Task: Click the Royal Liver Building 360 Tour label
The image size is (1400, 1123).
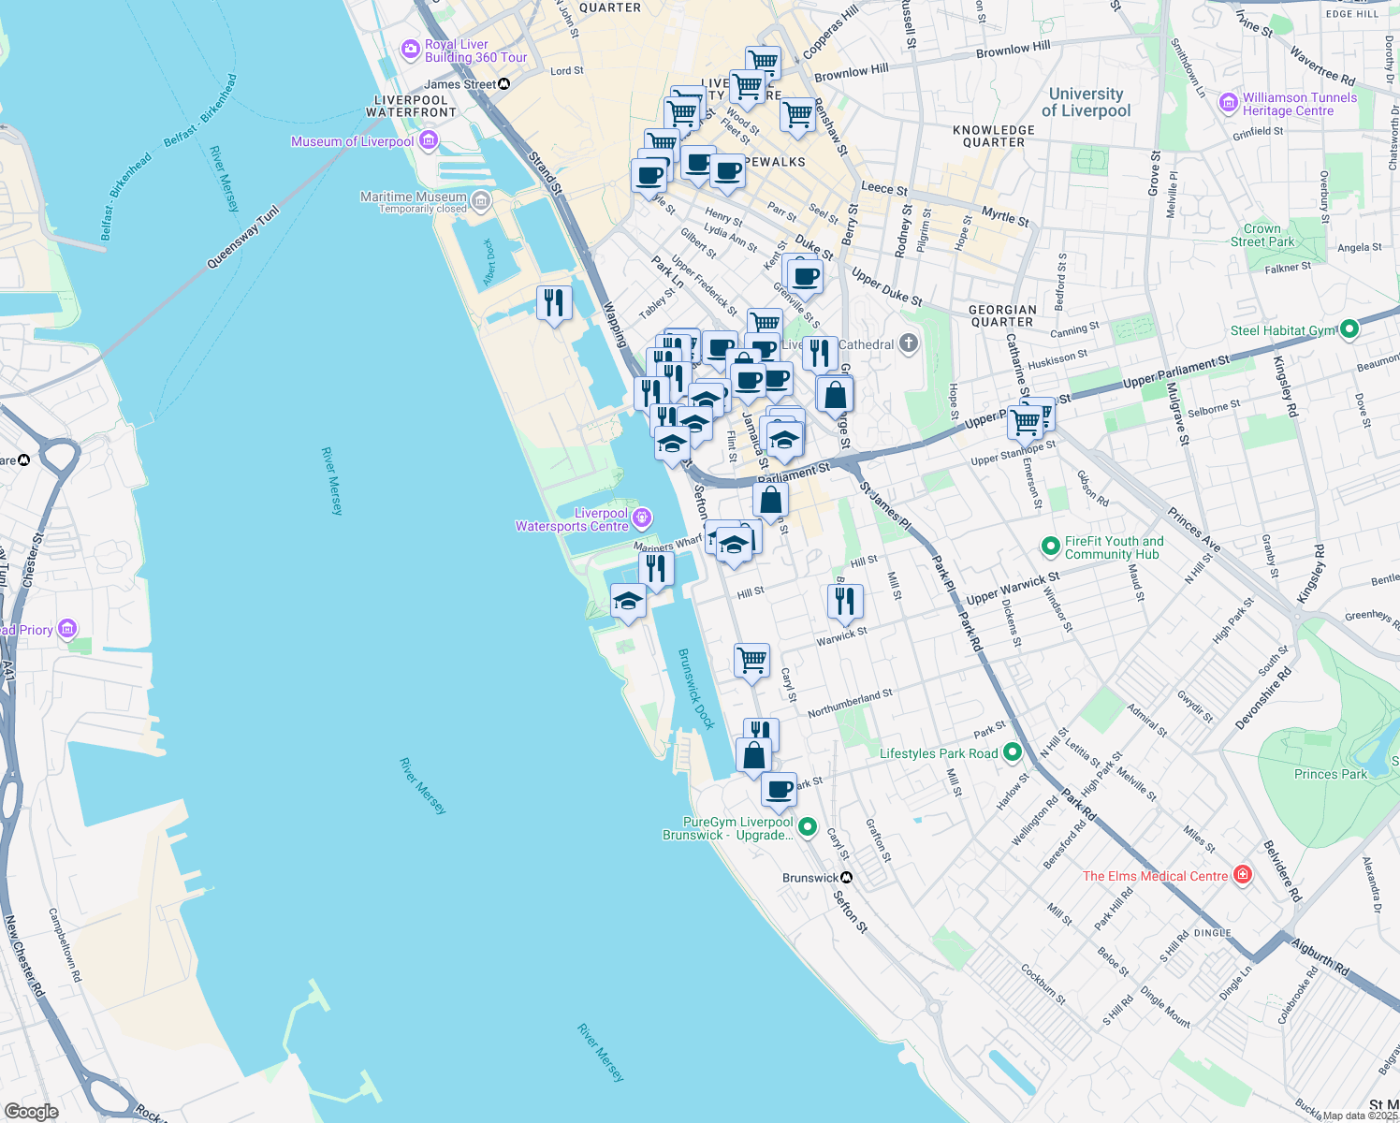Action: (475, 51)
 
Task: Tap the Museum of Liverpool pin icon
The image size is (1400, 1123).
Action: (429, 141)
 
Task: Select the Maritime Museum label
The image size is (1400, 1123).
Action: (414, 197)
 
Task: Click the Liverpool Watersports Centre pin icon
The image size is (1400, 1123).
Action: (642, 518)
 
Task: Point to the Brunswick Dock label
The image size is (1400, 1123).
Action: (696, 689)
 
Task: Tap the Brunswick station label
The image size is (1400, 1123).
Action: (810, 878)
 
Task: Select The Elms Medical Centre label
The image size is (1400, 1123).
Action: (1155, 876)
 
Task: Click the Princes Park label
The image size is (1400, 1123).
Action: (1330, 774)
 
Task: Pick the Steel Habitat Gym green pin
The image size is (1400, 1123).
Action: (1349, 329)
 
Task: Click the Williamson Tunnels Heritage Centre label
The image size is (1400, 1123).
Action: (1299, 104)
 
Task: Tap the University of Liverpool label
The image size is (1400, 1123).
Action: (1086, 102)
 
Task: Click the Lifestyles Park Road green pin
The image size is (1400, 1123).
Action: (1012, 752)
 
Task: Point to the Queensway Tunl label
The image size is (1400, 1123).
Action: (242, 239)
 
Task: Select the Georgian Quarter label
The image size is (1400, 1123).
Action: (1002, 315)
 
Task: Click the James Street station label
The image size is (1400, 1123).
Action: (460, 84)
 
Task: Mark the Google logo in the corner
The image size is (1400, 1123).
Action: (32, 1111)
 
